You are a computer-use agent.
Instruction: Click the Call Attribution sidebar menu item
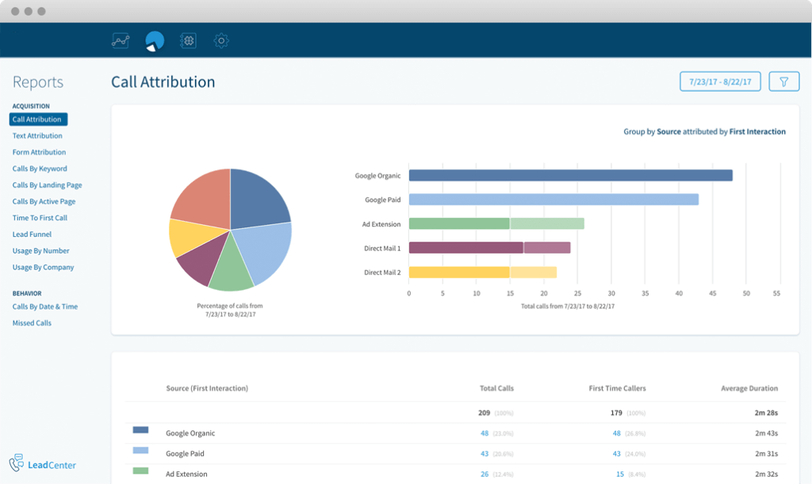pyautogui.click(x=38, y=120)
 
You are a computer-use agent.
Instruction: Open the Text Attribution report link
pyautogui.click(x=37, y=136)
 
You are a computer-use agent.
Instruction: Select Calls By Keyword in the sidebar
pyautogui.click(x=40, y=169)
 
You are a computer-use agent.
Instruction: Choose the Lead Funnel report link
pyautogui.click(x=33, y=234)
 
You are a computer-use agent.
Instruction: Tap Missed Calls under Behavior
pyautogui.click(x=32, y=323)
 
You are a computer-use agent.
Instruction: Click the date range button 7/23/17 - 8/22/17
pyautogui.click(x=720, y=82)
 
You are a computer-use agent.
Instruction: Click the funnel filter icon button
pyautogui.click(x=783, y=82)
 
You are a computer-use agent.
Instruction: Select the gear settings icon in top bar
pyautogui.click(x=221, y=40)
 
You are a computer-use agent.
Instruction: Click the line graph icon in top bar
pyautogui.click(x=121, y=40)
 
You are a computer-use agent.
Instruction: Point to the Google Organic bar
pyautogui.click(x=570, y=176)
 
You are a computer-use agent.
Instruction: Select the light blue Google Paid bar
pyautogui.click(x=553, y=200)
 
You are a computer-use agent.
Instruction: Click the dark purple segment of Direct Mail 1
pyautogui.click(x=465, y=248)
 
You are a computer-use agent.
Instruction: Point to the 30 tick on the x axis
pyautogui.click(x=611, y=293)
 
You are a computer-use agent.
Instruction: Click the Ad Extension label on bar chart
pyautogui.click(x=381, y=224)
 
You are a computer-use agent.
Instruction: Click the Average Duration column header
pyautogui.click(x=749, y=388)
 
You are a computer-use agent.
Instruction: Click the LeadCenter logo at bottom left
pyautogui.click(x=43, y=464)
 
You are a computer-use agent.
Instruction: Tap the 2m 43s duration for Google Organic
pyautogui.click(x=766, y=433)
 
